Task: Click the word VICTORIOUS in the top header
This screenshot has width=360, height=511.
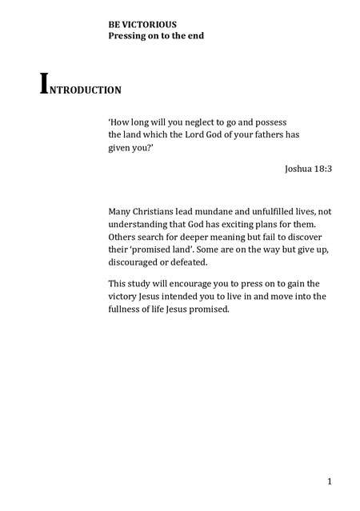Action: [x=150, y=26]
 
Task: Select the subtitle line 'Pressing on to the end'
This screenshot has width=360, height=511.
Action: [x=156, y=36]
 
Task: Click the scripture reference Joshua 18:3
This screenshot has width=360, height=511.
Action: [x=307, y=170]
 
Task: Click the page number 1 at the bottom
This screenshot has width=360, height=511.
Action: [x=329, y=481]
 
